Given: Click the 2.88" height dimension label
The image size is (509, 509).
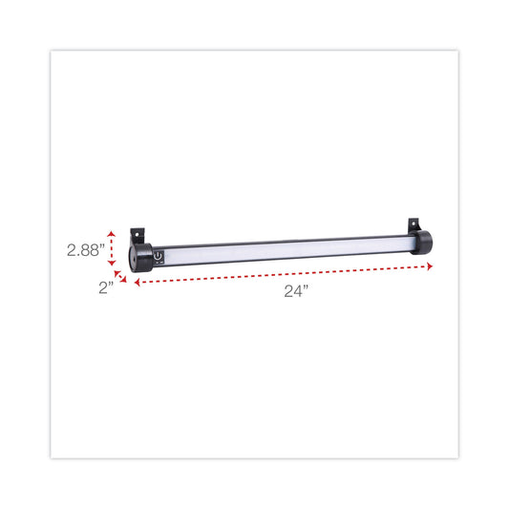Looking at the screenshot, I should point(86,250).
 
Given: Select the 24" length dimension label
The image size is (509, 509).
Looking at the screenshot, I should point(297,292).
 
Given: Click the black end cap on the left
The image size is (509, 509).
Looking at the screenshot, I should point(140,258).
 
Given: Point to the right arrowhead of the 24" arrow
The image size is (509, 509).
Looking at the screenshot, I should point(417,265).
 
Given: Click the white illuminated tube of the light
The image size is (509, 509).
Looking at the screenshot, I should point(286,247).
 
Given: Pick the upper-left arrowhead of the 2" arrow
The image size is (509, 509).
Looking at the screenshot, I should point(117,273).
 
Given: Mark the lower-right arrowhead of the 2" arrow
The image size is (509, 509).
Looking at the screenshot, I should point(125,281).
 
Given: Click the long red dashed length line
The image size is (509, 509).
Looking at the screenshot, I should point(277,274).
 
